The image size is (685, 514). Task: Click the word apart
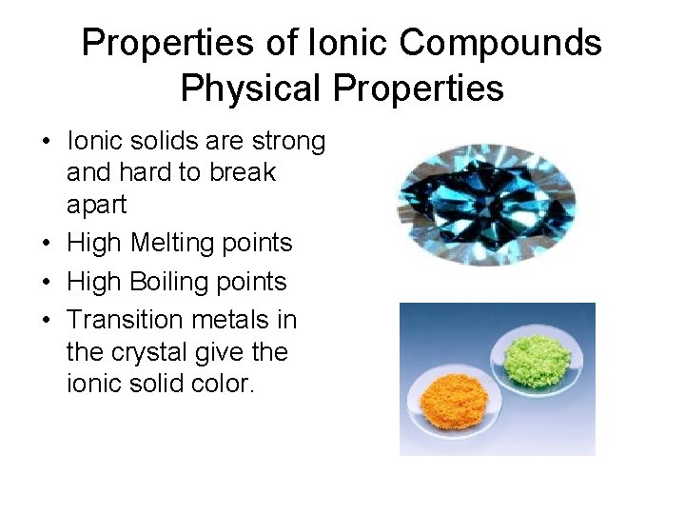point(96,206)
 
